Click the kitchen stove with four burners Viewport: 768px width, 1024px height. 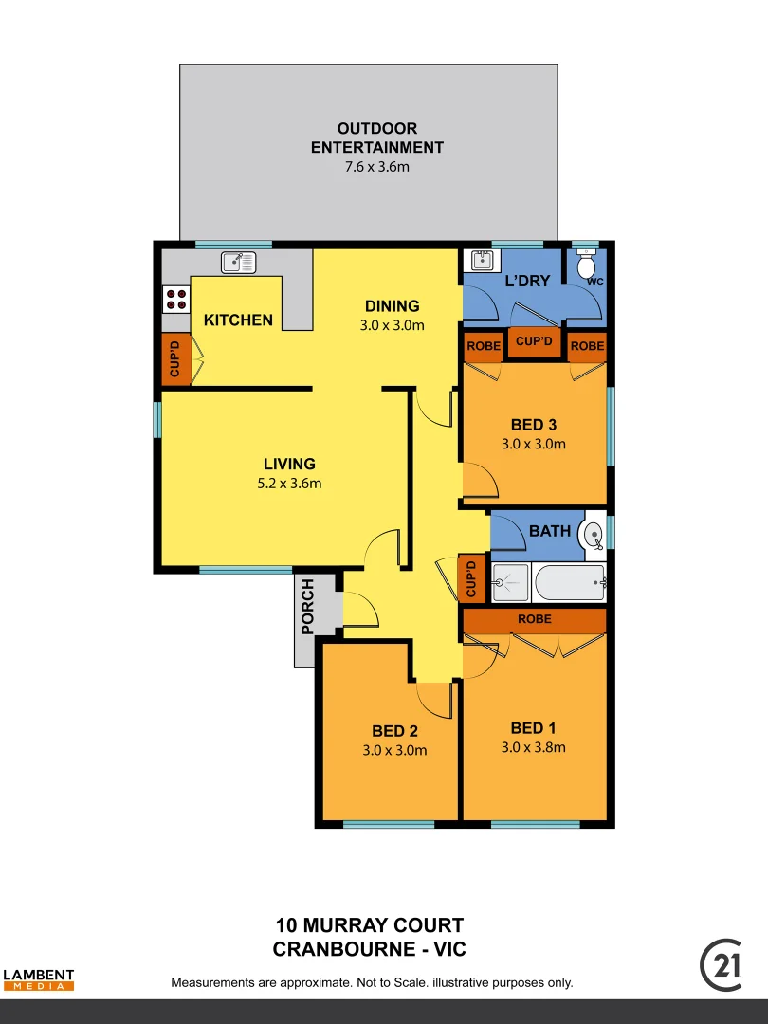point(175,300)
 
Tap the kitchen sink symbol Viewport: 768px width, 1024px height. point(239,262)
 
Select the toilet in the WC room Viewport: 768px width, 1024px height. point(586,265)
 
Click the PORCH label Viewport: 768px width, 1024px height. point(307,619)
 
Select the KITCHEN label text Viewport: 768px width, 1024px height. point(238,320)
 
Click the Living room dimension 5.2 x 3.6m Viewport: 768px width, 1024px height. point(289,484)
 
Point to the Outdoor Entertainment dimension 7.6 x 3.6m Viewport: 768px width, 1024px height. point(376,167)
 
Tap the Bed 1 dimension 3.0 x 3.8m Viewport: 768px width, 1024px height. point(533,747)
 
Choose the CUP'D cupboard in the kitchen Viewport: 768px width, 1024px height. point(174,358)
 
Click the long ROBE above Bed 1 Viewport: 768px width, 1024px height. point(534,620)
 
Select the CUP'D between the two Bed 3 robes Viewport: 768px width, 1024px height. point(534,341)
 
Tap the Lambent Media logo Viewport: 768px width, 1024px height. point(38,979)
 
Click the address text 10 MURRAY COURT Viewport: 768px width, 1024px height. point(370,925)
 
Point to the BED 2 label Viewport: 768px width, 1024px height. point(394,731)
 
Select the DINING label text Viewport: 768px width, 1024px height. point(393,306)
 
